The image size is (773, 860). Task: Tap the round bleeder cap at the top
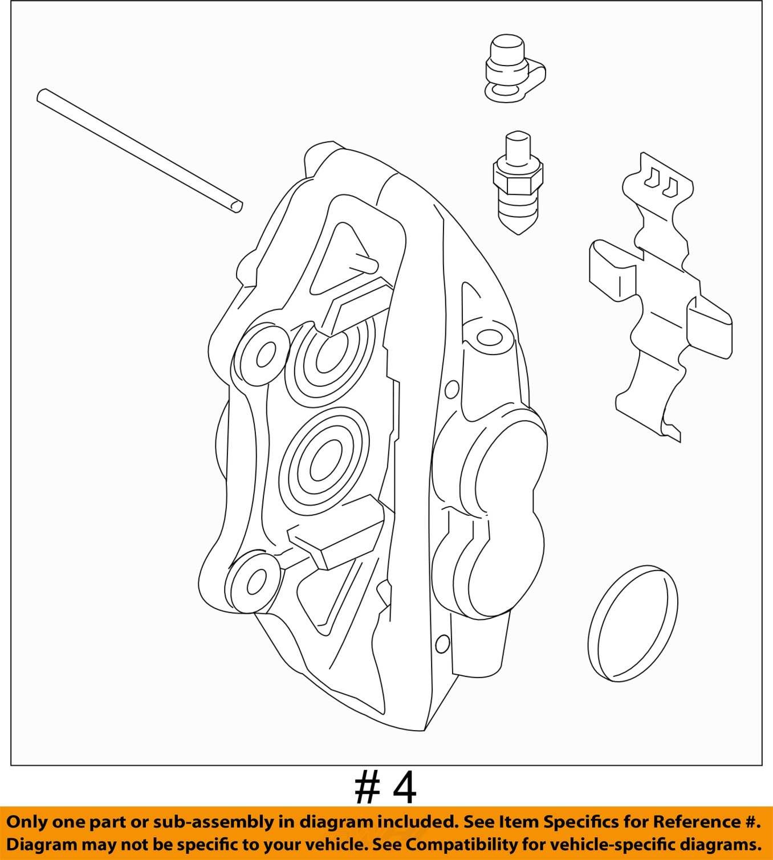pos(515,75)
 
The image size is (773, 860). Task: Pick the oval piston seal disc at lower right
pos(633,623)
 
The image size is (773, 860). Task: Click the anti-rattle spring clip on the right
pos(661,297)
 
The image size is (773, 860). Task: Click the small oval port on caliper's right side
pos(490,338)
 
